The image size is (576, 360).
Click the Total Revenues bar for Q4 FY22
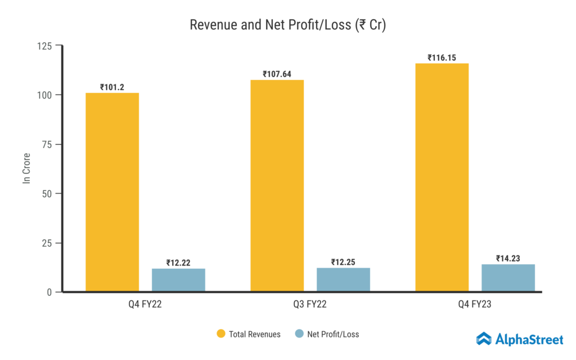pyautogui.click(x=112, y=192)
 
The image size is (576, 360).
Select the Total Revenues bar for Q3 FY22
pyautogui.click(x=277, y=186)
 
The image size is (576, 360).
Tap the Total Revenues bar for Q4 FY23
pyautogui.click(x=442, y=177)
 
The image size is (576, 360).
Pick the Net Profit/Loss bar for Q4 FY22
pyautogui.click(x=178, y=280)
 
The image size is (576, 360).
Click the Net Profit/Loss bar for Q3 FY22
pyautogui.click(x=343, y=280)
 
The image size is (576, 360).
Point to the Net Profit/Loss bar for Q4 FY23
pyautogui.click(x=508, y=278)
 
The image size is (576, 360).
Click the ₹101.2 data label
pyautogui.click(x=112, y=87)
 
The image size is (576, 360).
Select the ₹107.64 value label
pyautogui.click(x=277, y=74)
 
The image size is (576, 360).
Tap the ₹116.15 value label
pyautogui.click(x=442, y=58)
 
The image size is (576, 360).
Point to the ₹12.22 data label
pyautogui.click(x=178, y=263)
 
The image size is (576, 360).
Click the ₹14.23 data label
pyautogui.click(x=508, y=259)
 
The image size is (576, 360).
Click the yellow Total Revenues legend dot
pyautogui.click(x=221, y=334)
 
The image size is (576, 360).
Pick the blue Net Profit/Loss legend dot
pyautogui.click(x=299, y=334)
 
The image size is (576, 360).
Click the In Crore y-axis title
pyautogui.click(x=26, y=169)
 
